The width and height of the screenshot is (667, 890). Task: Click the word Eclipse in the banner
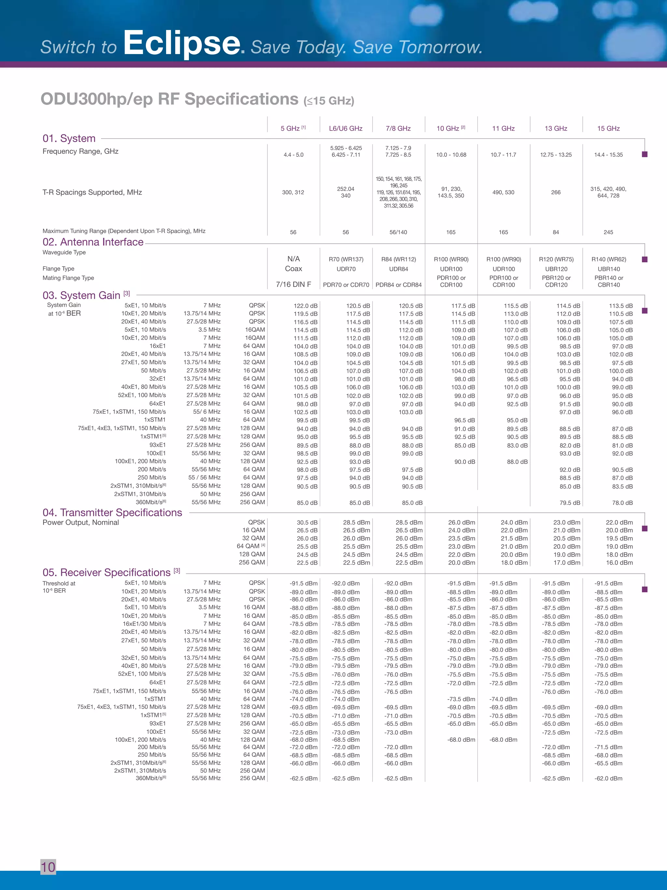(x=182, y=43)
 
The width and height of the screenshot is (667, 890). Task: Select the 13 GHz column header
(x=556, y=128)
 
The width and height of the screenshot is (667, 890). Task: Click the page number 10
(x=48, y=867)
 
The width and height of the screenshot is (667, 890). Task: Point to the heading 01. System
(x=69, y=139)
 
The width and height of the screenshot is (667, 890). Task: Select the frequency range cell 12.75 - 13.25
(x=556, y=155)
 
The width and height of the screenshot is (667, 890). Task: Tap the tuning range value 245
(x=608, y=232)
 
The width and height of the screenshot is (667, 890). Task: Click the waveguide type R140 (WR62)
(x=608, y=259)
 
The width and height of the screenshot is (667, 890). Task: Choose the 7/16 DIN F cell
(x=293, y=285)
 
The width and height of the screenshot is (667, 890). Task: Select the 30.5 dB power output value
(x=307, y=523)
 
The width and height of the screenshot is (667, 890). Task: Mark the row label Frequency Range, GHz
(x=80, y=151)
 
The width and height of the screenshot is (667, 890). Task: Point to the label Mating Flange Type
(x=68, y=278)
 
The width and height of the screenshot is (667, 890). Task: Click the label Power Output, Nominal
(x=81, y=523)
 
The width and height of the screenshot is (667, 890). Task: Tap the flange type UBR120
(x=556, y=269)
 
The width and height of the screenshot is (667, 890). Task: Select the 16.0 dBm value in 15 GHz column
(x=619, y=562)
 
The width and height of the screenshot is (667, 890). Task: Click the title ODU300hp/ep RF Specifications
(x=169, y=99)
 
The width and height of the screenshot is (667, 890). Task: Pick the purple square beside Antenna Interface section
(x=645, y=259)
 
